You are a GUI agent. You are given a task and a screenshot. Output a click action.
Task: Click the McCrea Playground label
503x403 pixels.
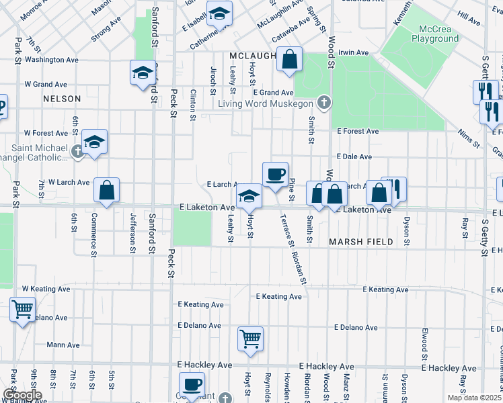tap(439, 34)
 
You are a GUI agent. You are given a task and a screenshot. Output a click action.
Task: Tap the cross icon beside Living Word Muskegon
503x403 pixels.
tap(324, 103)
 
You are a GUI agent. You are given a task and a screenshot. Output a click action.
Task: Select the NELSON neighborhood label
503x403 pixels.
tap(61, 99)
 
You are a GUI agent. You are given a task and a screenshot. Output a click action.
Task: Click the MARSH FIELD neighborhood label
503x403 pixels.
tap(360, 241)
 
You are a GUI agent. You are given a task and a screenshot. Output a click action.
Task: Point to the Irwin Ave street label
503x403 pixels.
tap(354, 52)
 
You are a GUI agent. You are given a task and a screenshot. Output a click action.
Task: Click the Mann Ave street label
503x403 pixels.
tap(64, 345)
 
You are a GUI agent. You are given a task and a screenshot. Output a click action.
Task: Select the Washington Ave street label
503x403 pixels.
tap(52, 60)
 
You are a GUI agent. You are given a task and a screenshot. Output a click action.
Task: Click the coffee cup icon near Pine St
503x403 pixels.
tap(275, 175)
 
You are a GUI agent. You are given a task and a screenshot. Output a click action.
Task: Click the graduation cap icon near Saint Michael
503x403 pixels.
tap(94, 142)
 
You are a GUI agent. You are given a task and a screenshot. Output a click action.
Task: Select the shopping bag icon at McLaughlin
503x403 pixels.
tap(289, 59)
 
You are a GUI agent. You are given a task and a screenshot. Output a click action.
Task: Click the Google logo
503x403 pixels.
tap(22, 394)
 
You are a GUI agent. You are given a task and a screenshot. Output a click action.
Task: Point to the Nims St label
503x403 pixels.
tap(470, 139)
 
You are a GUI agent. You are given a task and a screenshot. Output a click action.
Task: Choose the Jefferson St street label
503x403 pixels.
tap(133, 234)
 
